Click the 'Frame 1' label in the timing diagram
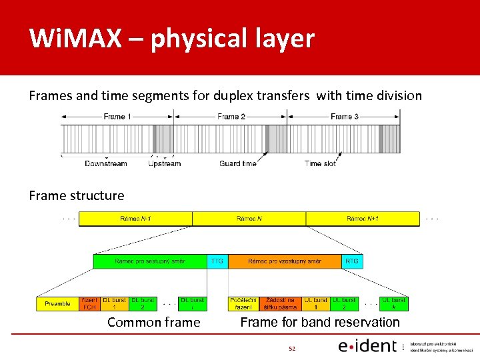[x=117, y=117]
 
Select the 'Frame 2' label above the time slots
[x=231, y=117]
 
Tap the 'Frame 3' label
[x=345, y=117]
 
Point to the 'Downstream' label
[x=105, y=163]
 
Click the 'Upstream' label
[x=164, y=163]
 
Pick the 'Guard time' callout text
[x=238, y=163]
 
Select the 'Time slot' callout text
[x=321, y=163]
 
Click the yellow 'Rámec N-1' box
[x=135, y=219]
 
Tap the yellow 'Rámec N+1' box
[x=363, y=219]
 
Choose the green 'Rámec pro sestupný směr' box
[x=150, y=261]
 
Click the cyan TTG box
[x=217, y=261]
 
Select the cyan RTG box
[x=352, y=261]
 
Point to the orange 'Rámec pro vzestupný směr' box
[x=285, y=261]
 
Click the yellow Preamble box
[x=57, y=304]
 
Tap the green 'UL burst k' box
[x=394, y=304]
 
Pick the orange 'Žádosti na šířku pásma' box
[x=280, y=304]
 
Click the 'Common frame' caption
[x=153, y=323]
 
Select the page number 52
[x=291, y=348]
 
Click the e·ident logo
[x=367, y=346]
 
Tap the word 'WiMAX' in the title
[x=75, y=39]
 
